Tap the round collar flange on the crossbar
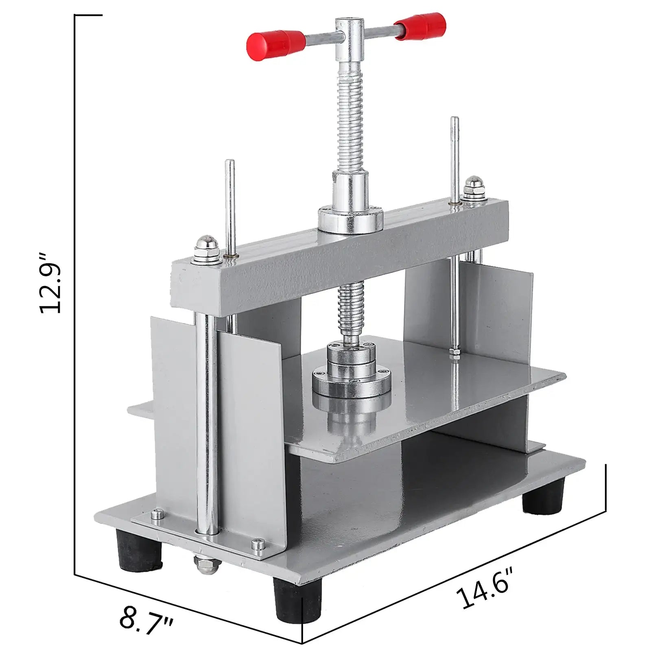(351, 220)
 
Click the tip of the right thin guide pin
(454, 120)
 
